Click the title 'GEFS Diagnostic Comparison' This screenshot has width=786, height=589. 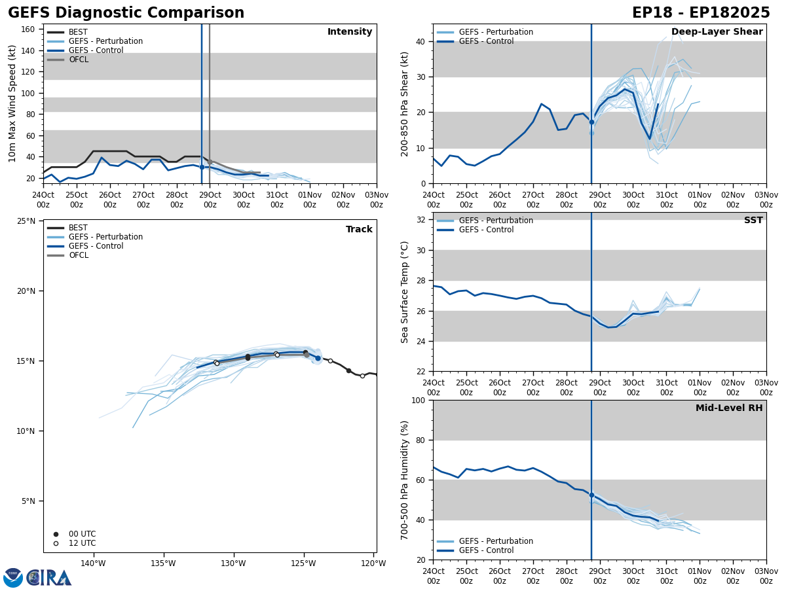pyautogui.click(x=126, y=13)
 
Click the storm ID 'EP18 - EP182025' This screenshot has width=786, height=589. pyautogui.click(x=701, y=13)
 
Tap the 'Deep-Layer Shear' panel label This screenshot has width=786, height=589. pyautogui.click(x=717, y=32)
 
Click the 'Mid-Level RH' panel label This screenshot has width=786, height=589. pyautogui.click(x=728, y=408)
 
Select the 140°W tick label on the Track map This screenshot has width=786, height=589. pyautogui.click(x=93, y=563)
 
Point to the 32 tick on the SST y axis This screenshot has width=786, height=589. pyautogui.click(x=421, y=220)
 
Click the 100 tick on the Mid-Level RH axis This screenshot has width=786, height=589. pyautogui.click(x=419, y=401)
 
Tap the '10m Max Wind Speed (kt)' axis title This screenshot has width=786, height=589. pyautogui.click(x=12, y=103)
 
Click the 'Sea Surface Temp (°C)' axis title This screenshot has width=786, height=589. pyautogui.click(x=405, y=292)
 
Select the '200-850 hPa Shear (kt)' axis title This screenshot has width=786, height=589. pyautogui.click(x=405, y=103)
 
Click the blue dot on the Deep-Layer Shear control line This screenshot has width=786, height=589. pyautogui.click(x=591, y=122)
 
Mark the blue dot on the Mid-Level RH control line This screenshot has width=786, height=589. pyautogui.click(x=591, y=495)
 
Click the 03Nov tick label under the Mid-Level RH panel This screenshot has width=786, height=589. pyautogui.click(x=766, y=576)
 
